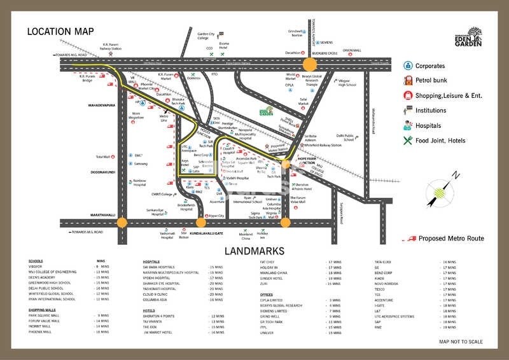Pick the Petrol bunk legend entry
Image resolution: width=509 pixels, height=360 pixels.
[x=430, y=81]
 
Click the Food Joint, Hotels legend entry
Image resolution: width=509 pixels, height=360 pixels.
[x=440, y=141]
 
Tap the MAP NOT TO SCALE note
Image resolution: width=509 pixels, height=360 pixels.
[x=462, y=342]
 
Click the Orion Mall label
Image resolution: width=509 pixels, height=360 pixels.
[x=352, y=50]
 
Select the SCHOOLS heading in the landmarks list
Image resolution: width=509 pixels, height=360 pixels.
[x=36, y=261]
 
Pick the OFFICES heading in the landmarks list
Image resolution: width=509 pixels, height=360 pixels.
[x=267, y=294]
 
